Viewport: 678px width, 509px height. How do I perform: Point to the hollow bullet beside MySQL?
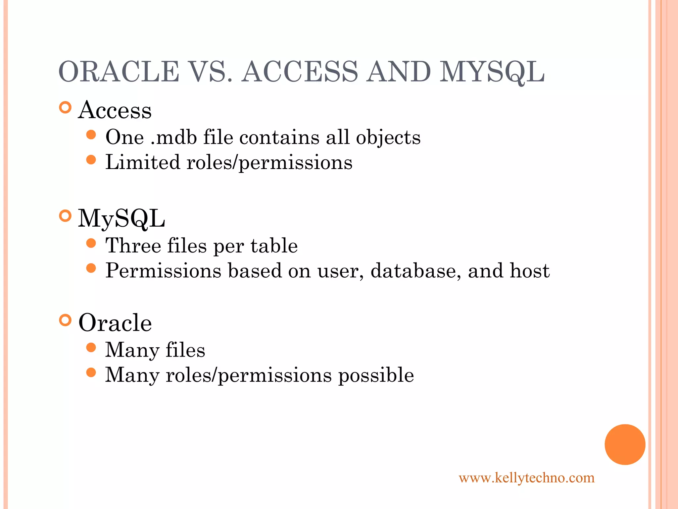click(66, 216)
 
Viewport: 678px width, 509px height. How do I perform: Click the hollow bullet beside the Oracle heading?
click(66, 320)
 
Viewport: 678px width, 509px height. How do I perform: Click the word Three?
click(133, 246)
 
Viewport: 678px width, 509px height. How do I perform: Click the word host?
click(529, 271)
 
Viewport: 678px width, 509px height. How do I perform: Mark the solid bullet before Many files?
click(91, 348)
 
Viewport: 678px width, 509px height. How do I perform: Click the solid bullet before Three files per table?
click(91, 244)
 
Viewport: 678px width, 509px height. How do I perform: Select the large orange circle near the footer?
click(625, 444)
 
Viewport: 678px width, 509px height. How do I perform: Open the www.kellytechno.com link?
click(526, 478)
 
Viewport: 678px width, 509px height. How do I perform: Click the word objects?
click(388, 138)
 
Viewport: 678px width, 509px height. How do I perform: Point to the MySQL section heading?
click(121, 219)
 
